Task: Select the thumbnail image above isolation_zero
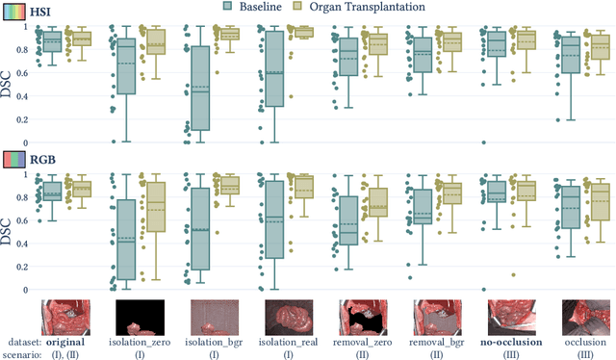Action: (x=140, y=316)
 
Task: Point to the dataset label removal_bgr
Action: (x=436, y=341)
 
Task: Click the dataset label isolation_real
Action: (x=288, y=341)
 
